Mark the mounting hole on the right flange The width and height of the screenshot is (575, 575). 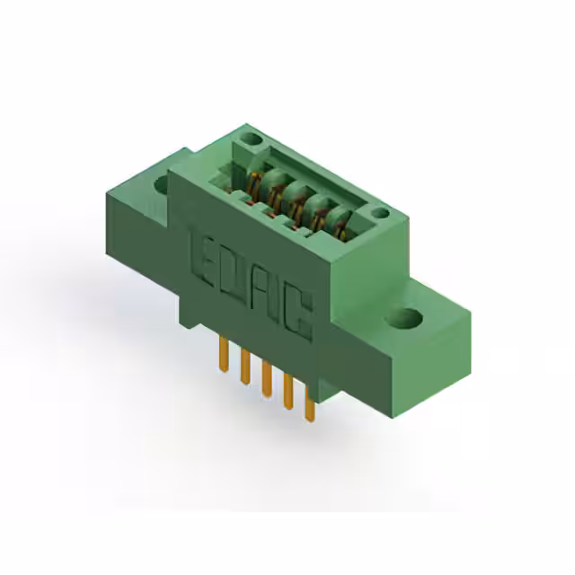pyautogui.click(x=407, y=317)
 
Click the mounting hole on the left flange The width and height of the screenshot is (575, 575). pyautogui.click(x=163, y=185)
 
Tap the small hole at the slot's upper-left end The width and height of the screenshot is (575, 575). pyautogui.click(x=252, y=141)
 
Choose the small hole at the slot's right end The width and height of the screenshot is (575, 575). pyautogui.click(x=380, y=214)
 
